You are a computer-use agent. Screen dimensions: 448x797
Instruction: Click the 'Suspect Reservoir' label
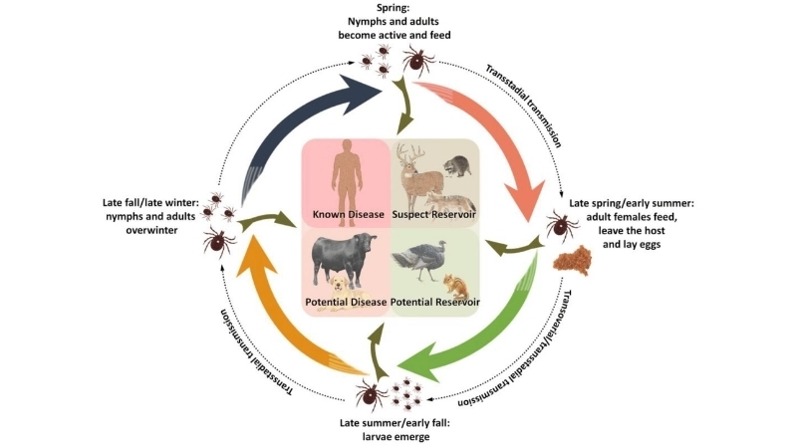click(x=434, y=214)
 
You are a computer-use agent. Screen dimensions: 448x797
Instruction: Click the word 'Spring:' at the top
click(x=398, y=11)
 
